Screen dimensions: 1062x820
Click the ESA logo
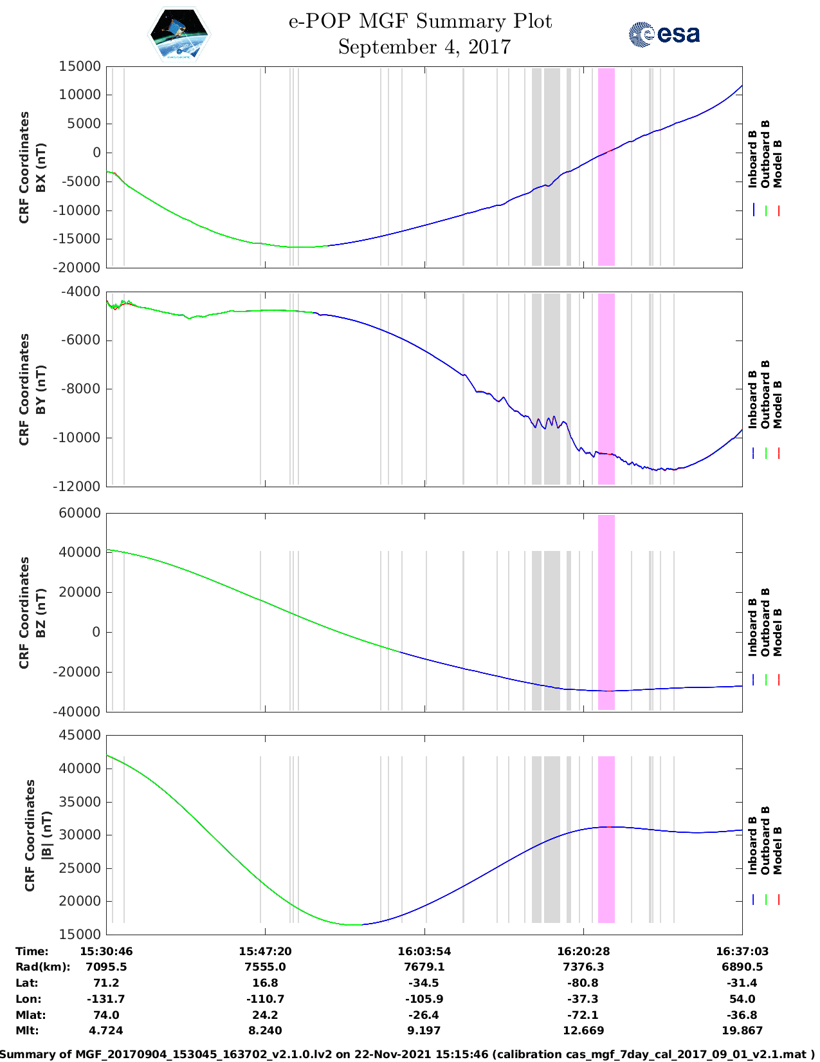(664, 34)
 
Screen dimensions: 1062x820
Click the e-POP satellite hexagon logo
(179, 34)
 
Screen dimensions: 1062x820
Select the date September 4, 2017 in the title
(424, 47)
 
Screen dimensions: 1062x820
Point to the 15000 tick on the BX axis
(79, 66)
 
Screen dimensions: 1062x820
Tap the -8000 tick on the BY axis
(80, 389)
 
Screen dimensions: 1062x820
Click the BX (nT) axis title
(41, 167)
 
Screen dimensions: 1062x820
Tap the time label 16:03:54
(424, 951)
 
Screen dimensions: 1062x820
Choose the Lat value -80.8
(583, 983)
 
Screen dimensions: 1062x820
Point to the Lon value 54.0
(742, 999)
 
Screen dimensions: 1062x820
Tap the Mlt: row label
(27, 1030)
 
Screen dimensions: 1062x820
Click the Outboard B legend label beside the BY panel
(765, 394)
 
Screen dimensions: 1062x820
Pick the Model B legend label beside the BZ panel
(778, 632)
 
